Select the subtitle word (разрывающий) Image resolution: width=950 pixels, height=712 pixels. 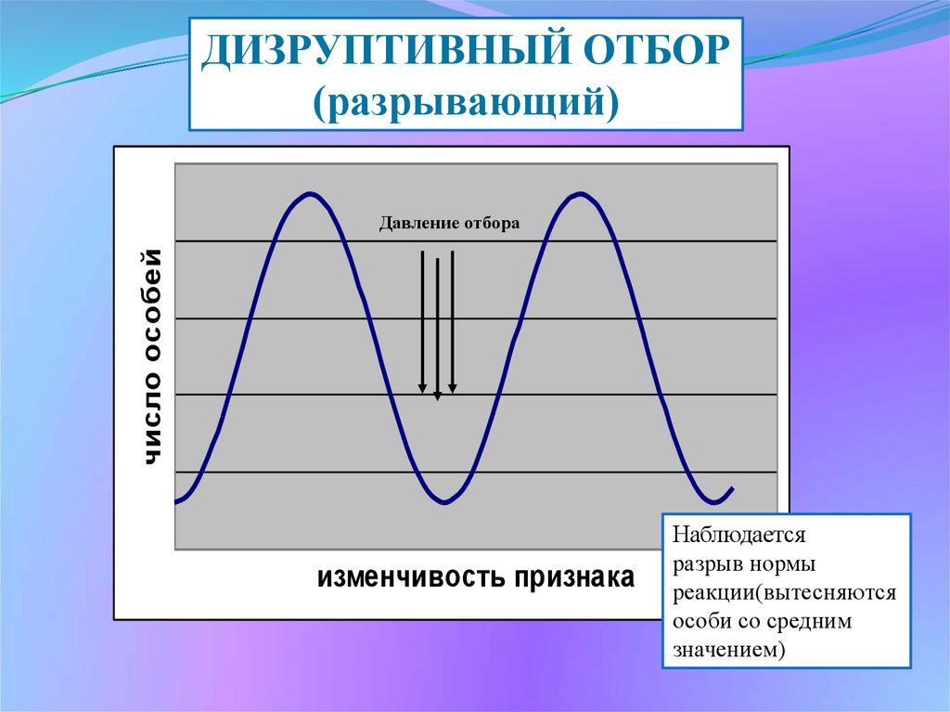tap(466, 101)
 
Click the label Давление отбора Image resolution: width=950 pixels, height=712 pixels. tap(450, 223)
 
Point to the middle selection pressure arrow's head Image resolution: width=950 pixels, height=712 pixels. tap(437, 396)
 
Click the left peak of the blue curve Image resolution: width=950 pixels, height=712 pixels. tap(310, 194)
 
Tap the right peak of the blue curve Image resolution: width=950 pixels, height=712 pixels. tap(580, 194)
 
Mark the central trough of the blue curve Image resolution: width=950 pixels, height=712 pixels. tap(444, 501)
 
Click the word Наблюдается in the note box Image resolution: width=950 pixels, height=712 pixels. tap(739, 536)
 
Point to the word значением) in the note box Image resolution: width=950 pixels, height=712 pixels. tap(729, 651)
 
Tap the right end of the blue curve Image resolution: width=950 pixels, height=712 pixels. tap(733, 488)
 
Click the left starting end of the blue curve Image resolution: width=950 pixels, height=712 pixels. tap(176, 501)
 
